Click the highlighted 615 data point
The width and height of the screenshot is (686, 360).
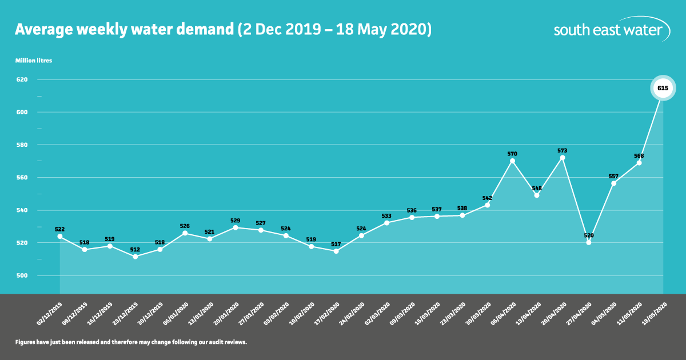pos(663,88)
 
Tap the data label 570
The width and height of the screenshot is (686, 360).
pos(512,154)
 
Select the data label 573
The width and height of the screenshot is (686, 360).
pos(563,150)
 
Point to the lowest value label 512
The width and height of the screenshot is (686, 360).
pos(135,249)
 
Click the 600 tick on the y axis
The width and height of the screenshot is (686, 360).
pos(22,112)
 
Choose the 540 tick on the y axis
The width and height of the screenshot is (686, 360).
pos(22,210)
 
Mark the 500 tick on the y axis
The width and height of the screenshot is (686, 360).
pos(22,275)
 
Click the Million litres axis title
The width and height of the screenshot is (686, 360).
pos(33,60)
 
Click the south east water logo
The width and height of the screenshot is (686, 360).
pos(612,30)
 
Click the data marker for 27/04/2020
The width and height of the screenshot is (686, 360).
pos(588,242)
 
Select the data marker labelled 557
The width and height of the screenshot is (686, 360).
pos(613,183)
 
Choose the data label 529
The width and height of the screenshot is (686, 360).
pos(236,220)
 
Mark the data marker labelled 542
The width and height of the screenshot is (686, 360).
pos(487,205)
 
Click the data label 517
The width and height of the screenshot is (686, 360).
pos(336,244)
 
